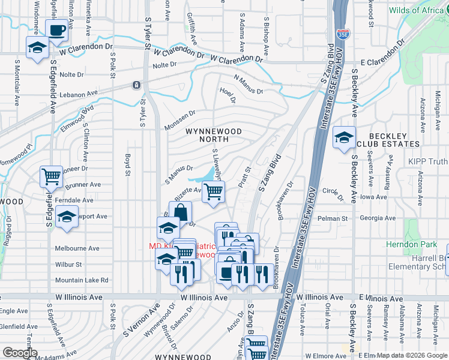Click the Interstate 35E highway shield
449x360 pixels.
(x=342, y=34)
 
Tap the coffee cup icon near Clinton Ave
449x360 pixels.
(x=56, y=30)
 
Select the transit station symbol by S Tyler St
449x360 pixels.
(x=137, y=85)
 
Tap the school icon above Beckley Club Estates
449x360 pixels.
(x=344, y=137)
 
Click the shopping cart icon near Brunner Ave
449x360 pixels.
(x=51, y=176)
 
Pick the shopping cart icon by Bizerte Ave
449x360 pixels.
(x=213, y=191)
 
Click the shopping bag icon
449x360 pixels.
(x=180, y=211)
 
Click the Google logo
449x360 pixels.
(x=20, y=353)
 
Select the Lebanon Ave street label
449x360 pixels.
(x=77, y=94)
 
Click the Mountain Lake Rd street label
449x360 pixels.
(x=81, y=280)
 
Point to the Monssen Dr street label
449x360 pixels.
(x=180, y=121)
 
